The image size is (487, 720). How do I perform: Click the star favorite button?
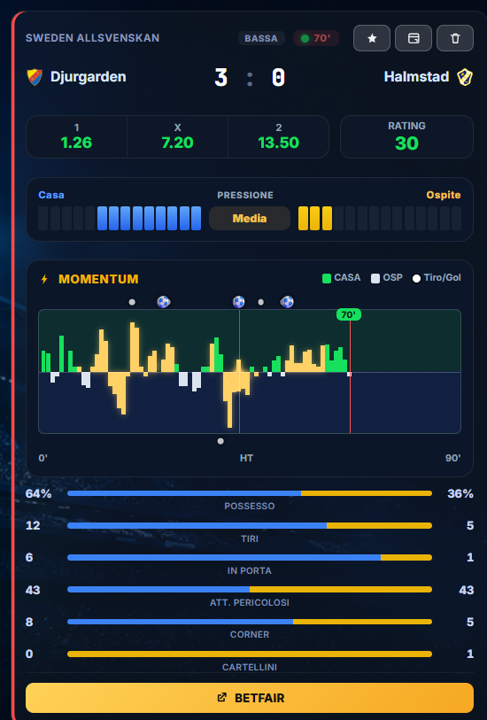pos(372,38)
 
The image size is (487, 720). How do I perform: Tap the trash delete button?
pos(455,38)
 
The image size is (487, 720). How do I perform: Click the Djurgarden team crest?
pos(35,77)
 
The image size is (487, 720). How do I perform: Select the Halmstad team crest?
pos(465,77)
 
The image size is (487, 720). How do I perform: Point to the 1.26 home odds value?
pos(76,143)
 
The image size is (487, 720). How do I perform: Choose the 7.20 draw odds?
pos(177,143)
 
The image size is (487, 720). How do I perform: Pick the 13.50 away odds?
pos(279,143)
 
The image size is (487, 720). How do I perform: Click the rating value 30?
pos(406,143)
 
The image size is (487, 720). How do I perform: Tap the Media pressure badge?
pos(250,218)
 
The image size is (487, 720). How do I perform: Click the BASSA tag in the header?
pos(261,38)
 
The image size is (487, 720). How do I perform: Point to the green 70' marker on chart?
pos(348,314)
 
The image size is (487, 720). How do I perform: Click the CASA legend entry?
pos(342,278)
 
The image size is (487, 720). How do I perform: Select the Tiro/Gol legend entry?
pos(437,278)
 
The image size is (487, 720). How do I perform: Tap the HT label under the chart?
pos(246,458)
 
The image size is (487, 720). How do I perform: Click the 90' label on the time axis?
pos(453,458)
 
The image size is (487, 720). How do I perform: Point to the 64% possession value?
pos(39,493)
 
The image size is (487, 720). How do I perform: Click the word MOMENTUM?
pos(98,279)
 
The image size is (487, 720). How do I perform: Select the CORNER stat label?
pos(250,635)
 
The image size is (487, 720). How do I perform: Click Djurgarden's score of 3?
pos(220,77)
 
